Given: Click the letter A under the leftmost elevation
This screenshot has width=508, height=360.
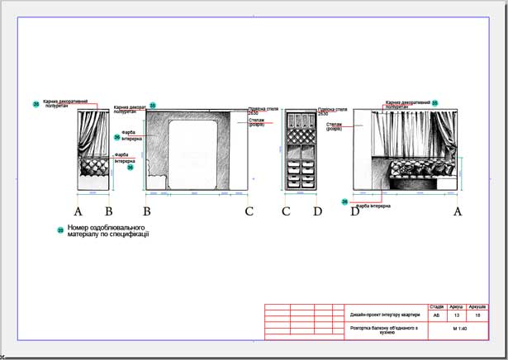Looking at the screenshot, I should pos(79,211).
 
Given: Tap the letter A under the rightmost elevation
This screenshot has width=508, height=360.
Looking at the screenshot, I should pos(458,211).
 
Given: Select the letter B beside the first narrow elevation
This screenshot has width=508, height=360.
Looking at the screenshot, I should pos(108,211).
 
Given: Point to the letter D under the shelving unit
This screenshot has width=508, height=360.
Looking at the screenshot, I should pos(317,211).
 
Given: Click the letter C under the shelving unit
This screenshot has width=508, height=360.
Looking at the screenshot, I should pos(286,211).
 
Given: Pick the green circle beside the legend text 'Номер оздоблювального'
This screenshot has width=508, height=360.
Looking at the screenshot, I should pos(60,230).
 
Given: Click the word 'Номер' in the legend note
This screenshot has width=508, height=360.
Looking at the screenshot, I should pos(79,226).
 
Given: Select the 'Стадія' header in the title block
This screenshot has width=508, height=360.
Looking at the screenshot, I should pos(437,306).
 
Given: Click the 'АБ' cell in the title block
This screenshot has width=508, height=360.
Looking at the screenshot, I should pos(437,315).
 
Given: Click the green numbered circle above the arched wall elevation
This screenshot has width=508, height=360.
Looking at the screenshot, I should pos(153,106).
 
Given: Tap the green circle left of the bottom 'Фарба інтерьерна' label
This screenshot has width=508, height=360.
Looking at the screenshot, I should pos(344,201).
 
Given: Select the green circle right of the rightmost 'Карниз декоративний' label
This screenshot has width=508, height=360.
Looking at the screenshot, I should pos(435,103).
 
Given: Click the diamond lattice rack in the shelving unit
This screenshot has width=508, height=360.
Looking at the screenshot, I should pos(300,134).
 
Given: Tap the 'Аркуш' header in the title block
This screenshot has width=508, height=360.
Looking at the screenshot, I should pos(457,306).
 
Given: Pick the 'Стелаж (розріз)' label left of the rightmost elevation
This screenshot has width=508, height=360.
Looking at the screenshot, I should pos(335,126).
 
